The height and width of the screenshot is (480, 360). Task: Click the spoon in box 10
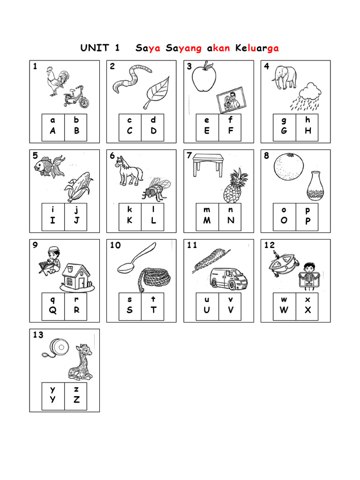[x=136, y=259]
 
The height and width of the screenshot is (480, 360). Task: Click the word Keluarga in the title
[x=257, y=48]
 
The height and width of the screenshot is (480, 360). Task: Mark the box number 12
[x=269, y=245]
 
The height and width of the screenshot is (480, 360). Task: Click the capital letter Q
[x=52, y=310]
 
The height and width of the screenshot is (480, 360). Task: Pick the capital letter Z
[x=76, y=399]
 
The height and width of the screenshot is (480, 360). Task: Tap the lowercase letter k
[x=129, y=210]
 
